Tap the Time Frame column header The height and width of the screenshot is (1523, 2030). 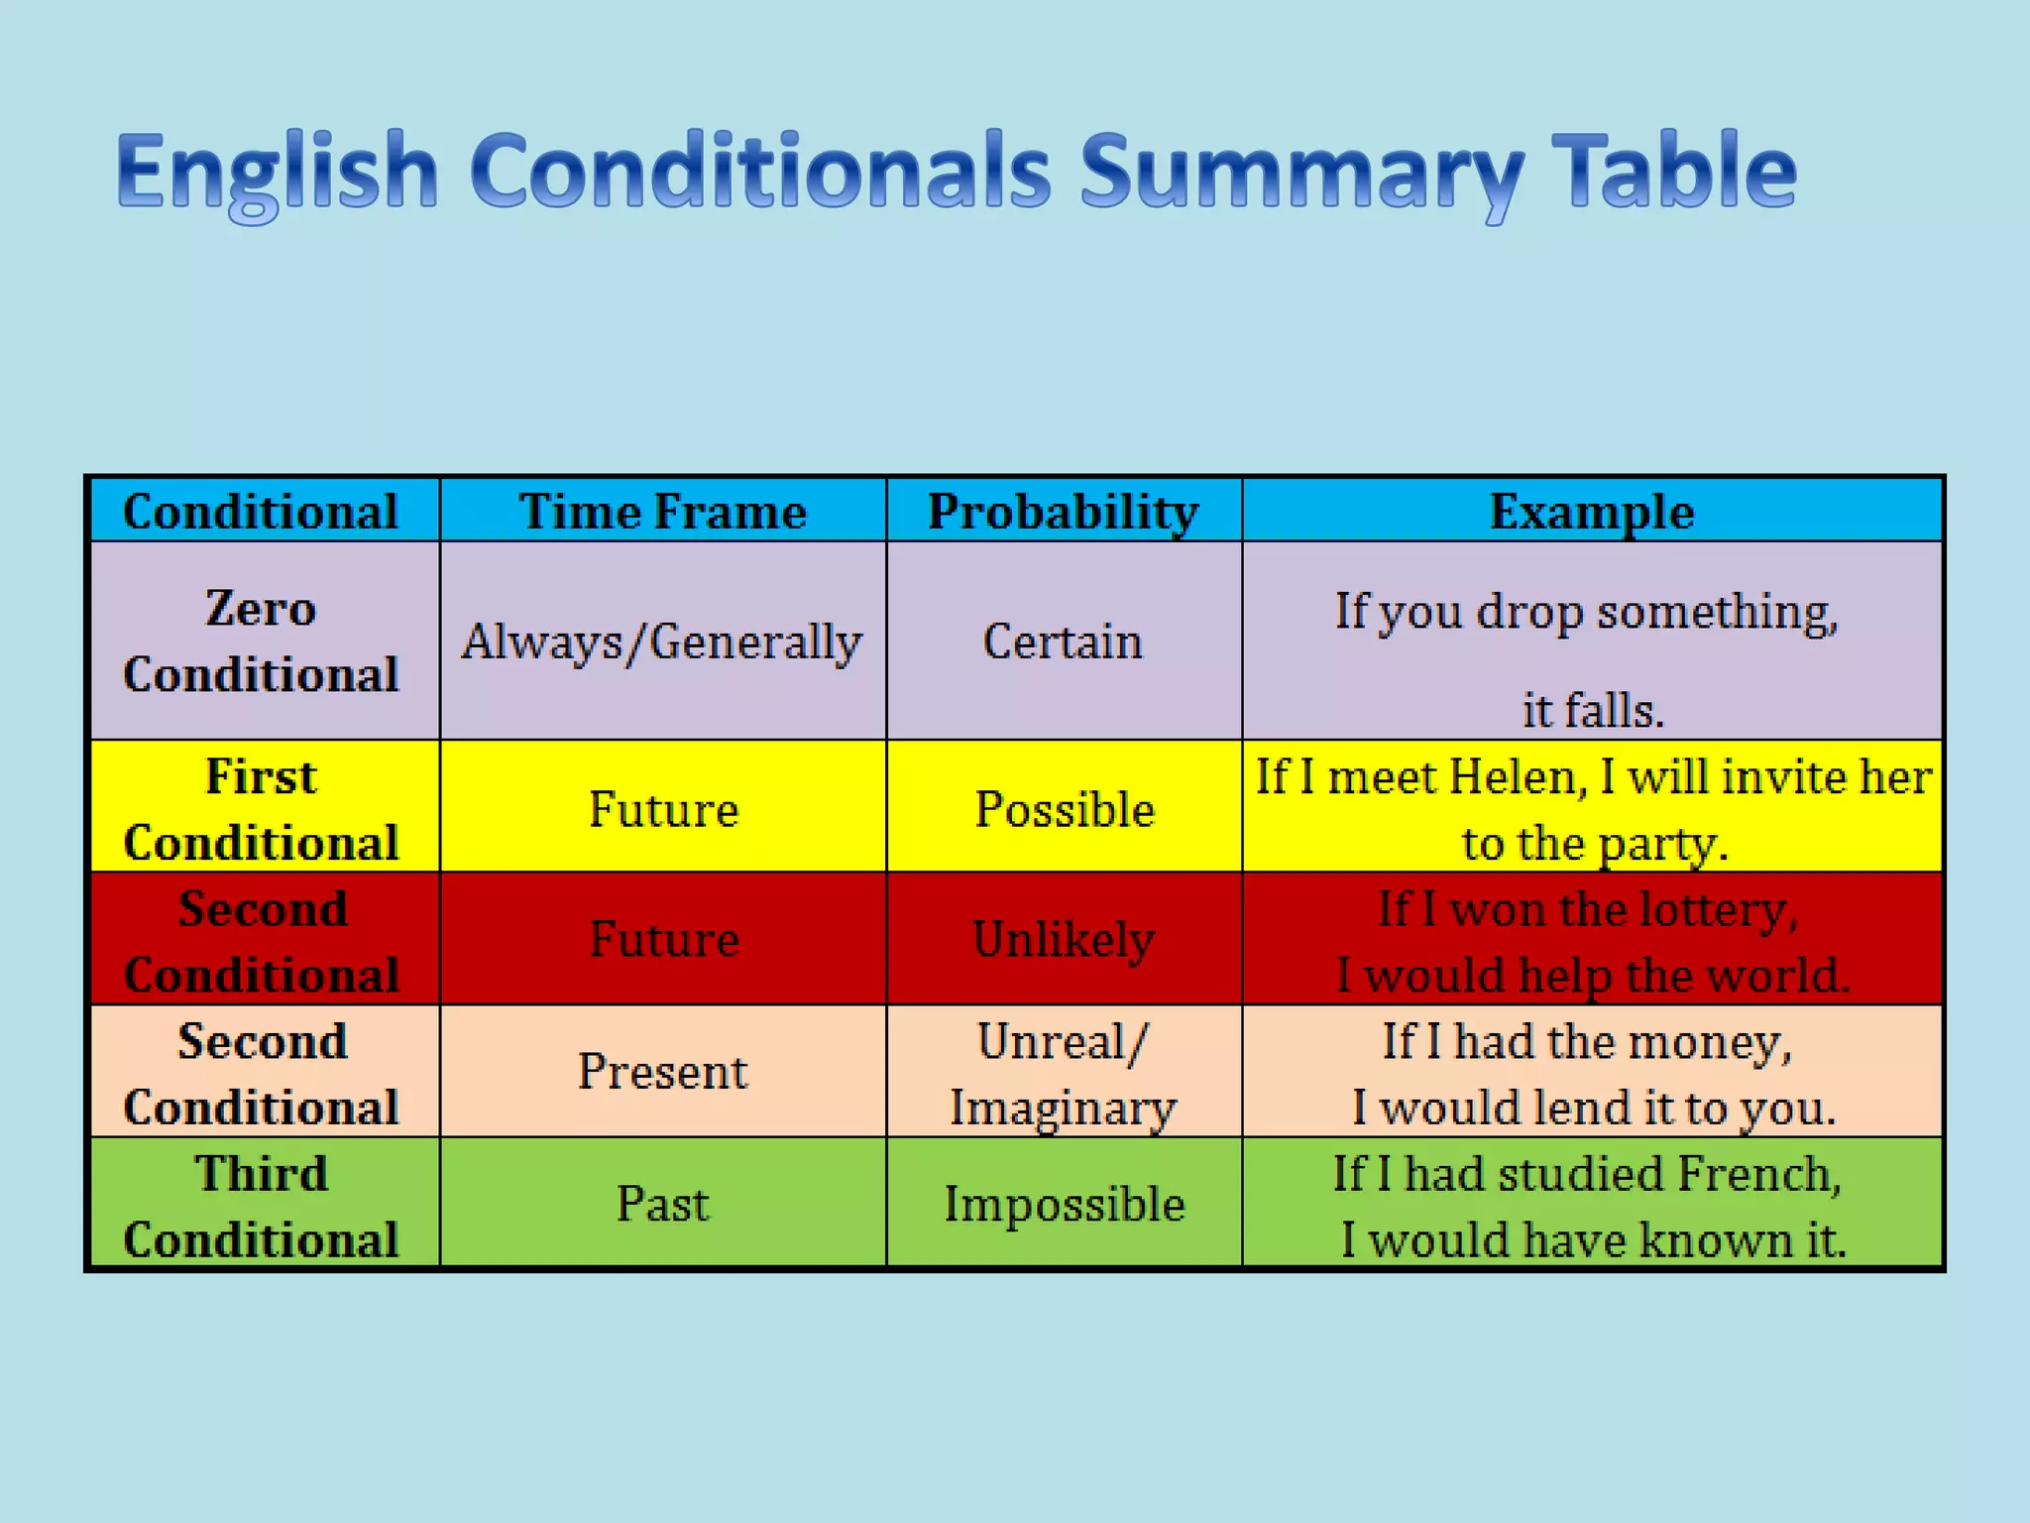pyautogui.click(x=662, y=512)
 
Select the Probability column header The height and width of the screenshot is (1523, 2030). pyautogui.click(x=1063, y=512)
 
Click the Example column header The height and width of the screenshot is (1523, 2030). pyautogui.click(x=1592, y=512)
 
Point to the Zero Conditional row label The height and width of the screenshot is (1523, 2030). pyautogui.click(x=261, y=641)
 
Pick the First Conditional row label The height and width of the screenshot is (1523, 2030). pyautogui.click(x=261, y=808)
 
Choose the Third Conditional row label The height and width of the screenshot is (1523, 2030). pyautogui.click(x=261, y=1205)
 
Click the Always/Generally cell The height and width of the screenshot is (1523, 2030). pyautogui.click(x=662, y=642)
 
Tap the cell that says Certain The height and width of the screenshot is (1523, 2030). pyautogui.click(x=1063, y=642)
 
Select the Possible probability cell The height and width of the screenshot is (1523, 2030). pyautogui.click(x=1064, y=809)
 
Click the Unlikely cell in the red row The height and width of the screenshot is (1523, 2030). pyautogui.click(x=1064, y=939)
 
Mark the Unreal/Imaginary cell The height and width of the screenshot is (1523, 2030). pyautogui.click(x=1063, y=1074)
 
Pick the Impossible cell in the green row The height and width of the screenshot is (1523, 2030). pyautogui.click(x=1064, y=1204)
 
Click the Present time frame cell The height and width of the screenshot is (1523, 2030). pyautogui.click(x=662, y=1071)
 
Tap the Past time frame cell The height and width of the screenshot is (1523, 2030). pyautogui.click(x=662, y=1204)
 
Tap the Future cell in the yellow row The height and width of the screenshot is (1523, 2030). pyautogui.click(x=663, y=809)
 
